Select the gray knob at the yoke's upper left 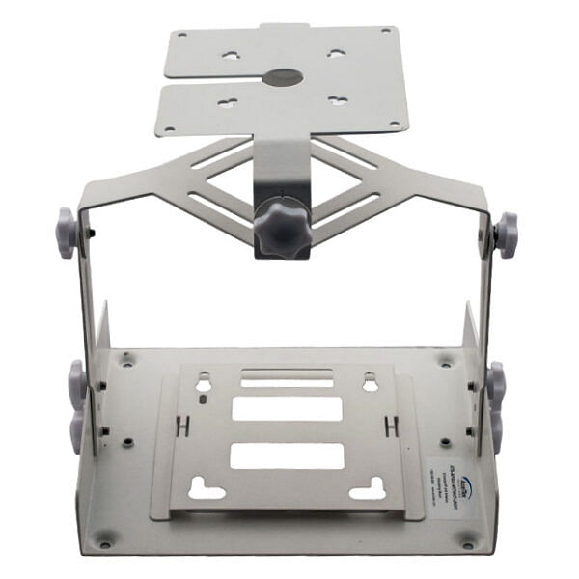tap(66, 234)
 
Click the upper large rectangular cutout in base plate tap(287, 409)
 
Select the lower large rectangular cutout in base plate tap(287, 455)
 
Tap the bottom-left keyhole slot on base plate tap(206, 489)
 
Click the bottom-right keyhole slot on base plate tap(368, 489)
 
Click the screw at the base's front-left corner tap(105, 539)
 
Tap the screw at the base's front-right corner tap(469, 539)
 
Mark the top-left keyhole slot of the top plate tap(232, 55)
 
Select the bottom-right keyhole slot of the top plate tap(337, 100)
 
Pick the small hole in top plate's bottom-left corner tap(170, 127)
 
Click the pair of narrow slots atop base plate tap(287, 377)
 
